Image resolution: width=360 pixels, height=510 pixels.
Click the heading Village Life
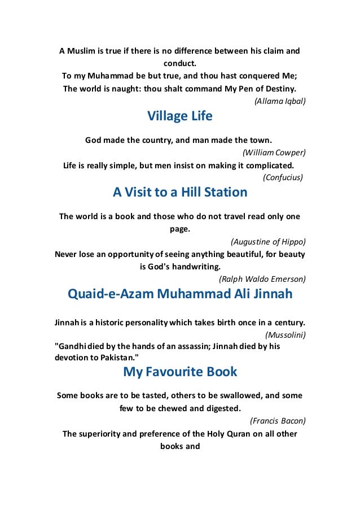click(x=179, y=116)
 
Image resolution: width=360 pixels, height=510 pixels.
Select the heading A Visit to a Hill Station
click(x=180, y=192)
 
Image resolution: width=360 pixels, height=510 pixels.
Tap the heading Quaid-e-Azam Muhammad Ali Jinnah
click(x=179, y=294)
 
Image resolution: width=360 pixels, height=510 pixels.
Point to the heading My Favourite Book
click(x=179, y=372)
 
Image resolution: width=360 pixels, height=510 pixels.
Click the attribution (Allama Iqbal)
click(x=280, y=102)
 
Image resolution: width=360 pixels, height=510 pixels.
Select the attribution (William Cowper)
click(x=274, y=152)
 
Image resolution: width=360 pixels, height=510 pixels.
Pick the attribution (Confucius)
click(x=283, y=177)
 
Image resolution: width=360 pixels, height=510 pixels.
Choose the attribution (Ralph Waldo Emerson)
click(x=262, y=278)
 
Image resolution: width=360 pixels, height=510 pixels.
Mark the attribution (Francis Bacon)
click(x=277, y=420)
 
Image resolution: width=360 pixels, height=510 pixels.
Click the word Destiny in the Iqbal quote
click(x=277, y=89)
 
